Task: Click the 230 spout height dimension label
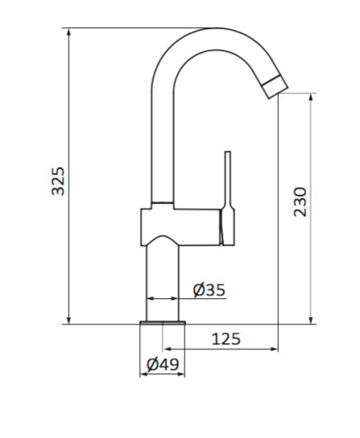coord(300,202)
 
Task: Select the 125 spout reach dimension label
coord(226,339)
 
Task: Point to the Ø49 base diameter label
coord(163,364)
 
